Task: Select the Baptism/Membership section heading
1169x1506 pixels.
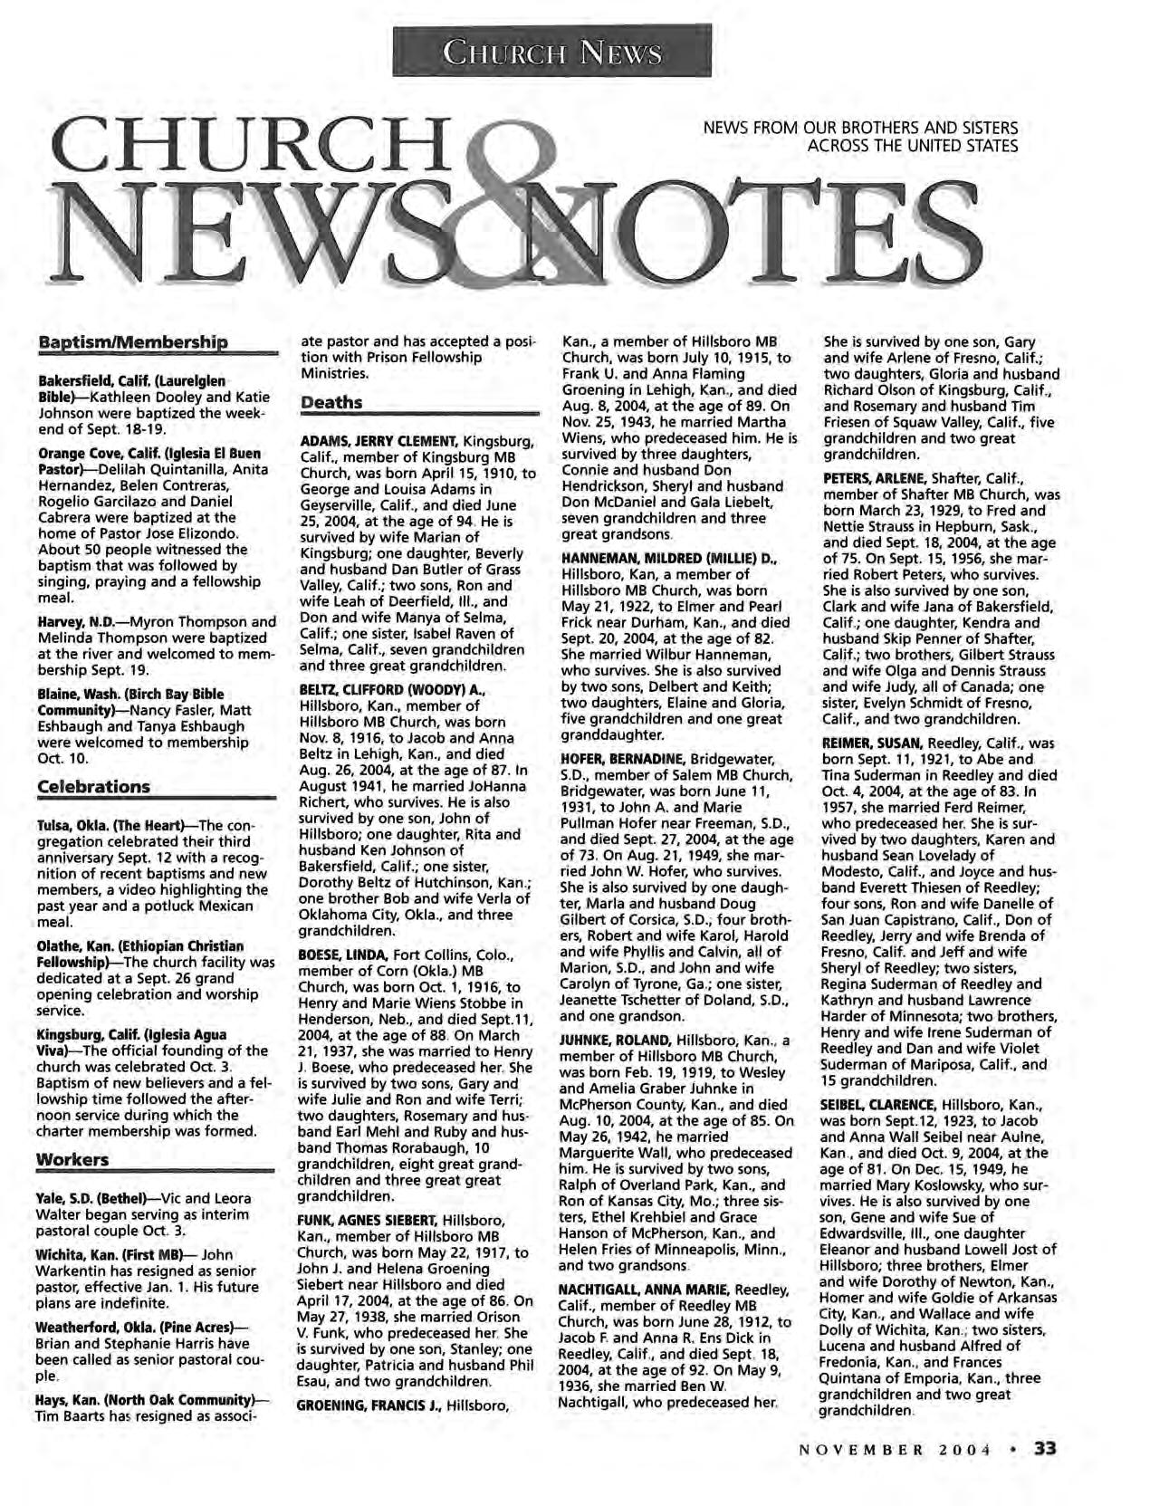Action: click(x=132, y=343)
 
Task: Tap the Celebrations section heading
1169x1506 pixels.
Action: click(x=93, y=786)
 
